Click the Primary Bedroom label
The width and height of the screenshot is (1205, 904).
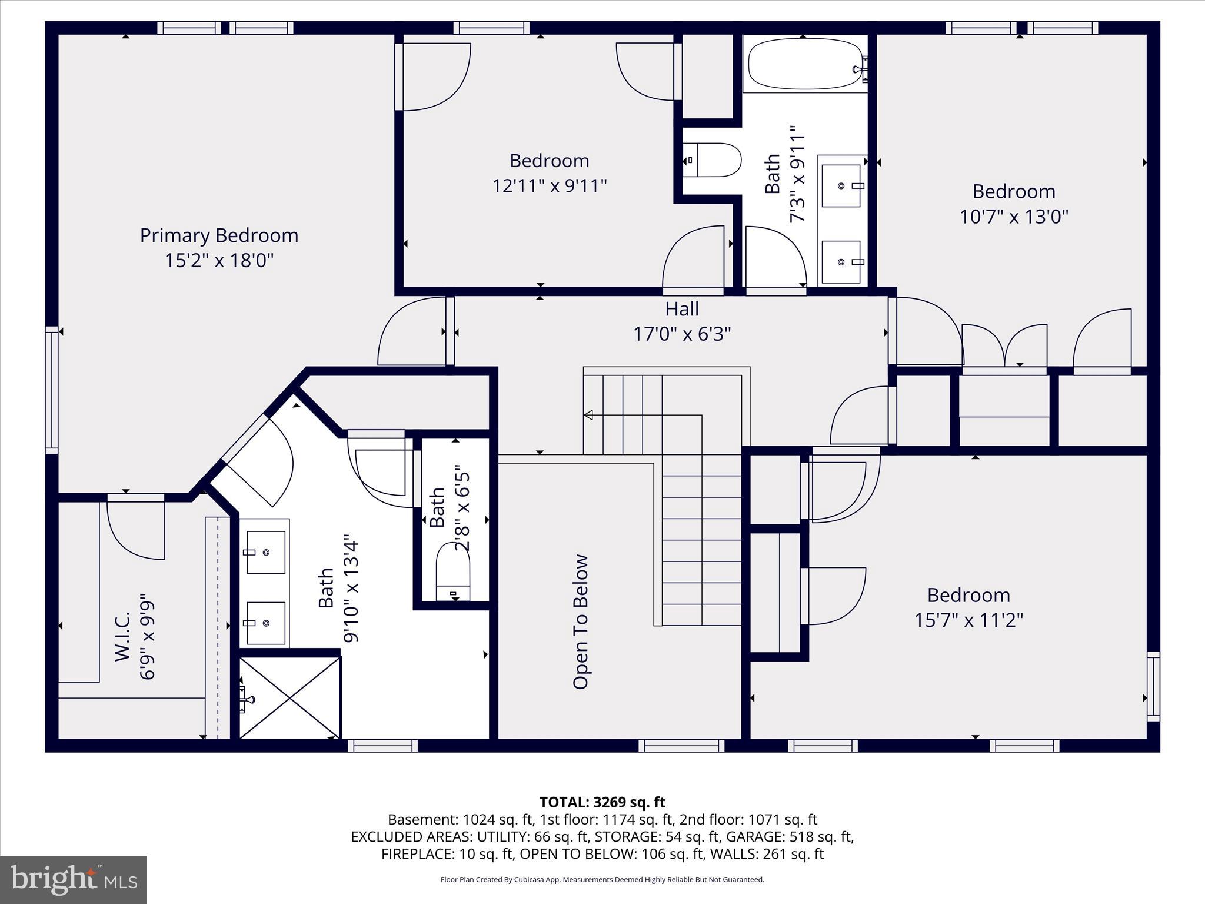(219, 235)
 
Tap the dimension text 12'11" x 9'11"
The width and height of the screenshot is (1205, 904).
(550, 186)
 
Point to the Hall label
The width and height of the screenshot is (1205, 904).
(682, 309)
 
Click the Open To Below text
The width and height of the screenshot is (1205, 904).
(581, 621)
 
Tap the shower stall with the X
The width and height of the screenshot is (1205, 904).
(290, 697)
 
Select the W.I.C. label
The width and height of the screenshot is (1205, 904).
(122, 637)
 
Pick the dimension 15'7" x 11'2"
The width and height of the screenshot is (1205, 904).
(968, 620)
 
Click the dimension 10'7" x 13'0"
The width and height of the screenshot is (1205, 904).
(1014, 217)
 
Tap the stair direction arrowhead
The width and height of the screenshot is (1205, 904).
(588, 415)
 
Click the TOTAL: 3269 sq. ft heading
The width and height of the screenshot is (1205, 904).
(602, 802)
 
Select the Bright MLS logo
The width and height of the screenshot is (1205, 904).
(74, 879)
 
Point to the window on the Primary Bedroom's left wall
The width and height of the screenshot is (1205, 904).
(52, 390)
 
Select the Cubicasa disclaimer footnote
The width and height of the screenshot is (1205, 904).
(602, 880)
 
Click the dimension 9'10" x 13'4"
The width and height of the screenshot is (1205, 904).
(351, 589)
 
